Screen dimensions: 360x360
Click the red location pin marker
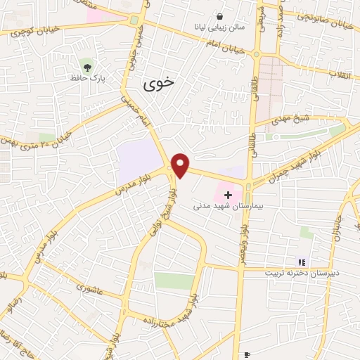(181, 165)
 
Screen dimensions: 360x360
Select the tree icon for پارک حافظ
(87, 67)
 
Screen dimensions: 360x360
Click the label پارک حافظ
(87, 78)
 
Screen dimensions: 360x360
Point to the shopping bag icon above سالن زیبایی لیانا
(220, 16)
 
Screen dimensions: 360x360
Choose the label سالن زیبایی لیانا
(220, 27)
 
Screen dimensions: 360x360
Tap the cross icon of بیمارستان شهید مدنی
(228, 193)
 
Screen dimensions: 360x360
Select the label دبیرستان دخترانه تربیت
(302, 272)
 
